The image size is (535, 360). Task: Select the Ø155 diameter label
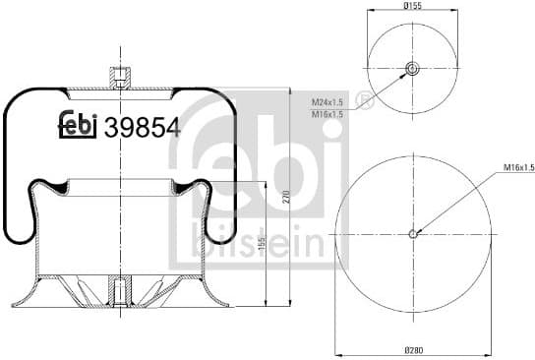[411, 7]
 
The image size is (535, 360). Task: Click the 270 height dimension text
[287, 197]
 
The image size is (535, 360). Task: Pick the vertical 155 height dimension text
[261, 244]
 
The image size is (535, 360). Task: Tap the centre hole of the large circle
[412, 233]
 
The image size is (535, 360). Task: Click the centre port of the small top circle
[411, 68]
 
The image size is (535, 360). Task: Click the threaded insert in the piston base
[118, 290]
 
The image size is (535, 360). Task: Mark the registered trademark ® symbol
[366, 101]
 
